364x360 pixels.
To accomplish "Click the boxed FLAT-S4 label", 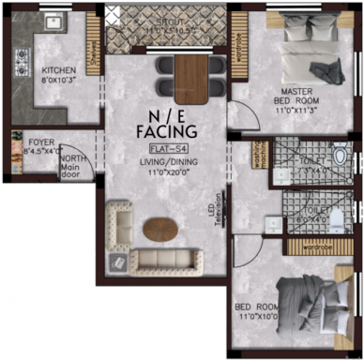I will click(164, 147).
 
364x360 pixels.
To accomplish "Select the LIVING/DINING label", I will click(164, 160).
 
